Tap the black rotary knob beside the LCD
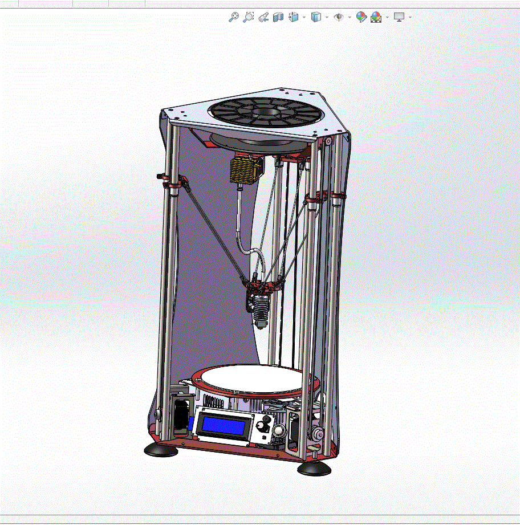[x=263, y=426]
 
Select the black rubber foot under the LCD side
[x=161, y=450]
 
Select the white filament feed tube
[x=242, y=228]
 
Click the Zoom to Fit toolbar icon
[x=233, y=17]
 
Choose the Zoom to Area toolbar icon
[x=248, y=17]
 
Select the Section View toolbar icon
[x=278, y=17]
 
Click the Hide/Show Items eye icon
[x=339, y=17]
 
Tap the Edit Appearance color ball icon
[x=361, y=17]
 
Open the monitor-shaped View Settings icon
[x=399, y=17]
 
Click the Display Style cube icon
[x=316, y=17]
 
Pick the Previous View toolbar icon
[x=263, y=17]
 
